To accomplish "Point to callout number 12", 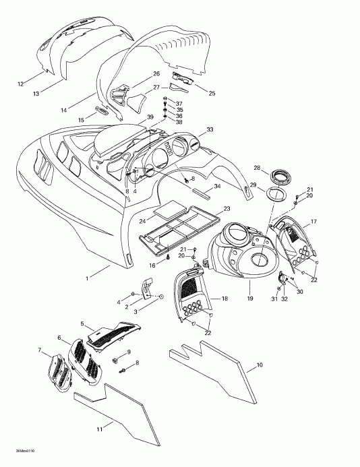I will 20,84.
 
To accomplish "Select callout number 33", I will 210,129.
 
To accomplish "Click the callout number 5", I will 82,324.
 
